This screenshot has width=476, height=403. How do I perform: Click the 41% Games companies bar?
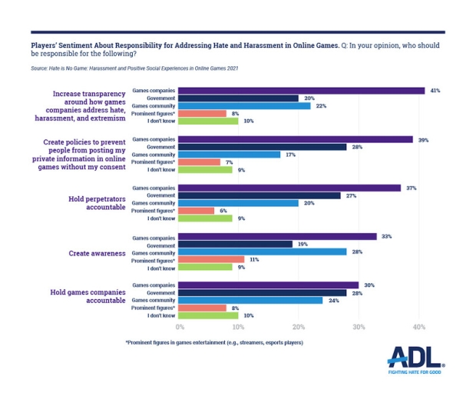tap(302, 91)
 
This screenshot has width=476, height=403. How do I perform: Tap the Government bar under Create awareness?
tap(236, 244)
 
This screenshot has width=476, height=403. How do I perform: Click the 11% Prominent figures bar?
tap(212, 260)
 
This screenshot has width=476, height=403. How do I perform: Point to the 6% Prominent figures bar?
tap(197, 211)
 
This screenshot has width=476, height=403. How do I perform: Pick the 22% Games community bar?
tap(245, 105)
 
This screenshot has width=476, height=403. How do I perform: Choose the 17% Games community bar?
tap(230, 155)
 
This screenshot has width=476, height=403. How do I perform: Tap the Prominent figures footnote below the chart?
tap(214, 341)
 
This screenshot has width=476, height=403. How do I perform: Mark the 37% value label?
tap(408, 188)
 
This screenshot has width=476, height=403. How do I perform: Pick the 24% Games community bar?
tap(251, 300)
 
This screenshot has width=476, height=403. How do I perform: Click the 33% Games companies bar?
tap(278, 236)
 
